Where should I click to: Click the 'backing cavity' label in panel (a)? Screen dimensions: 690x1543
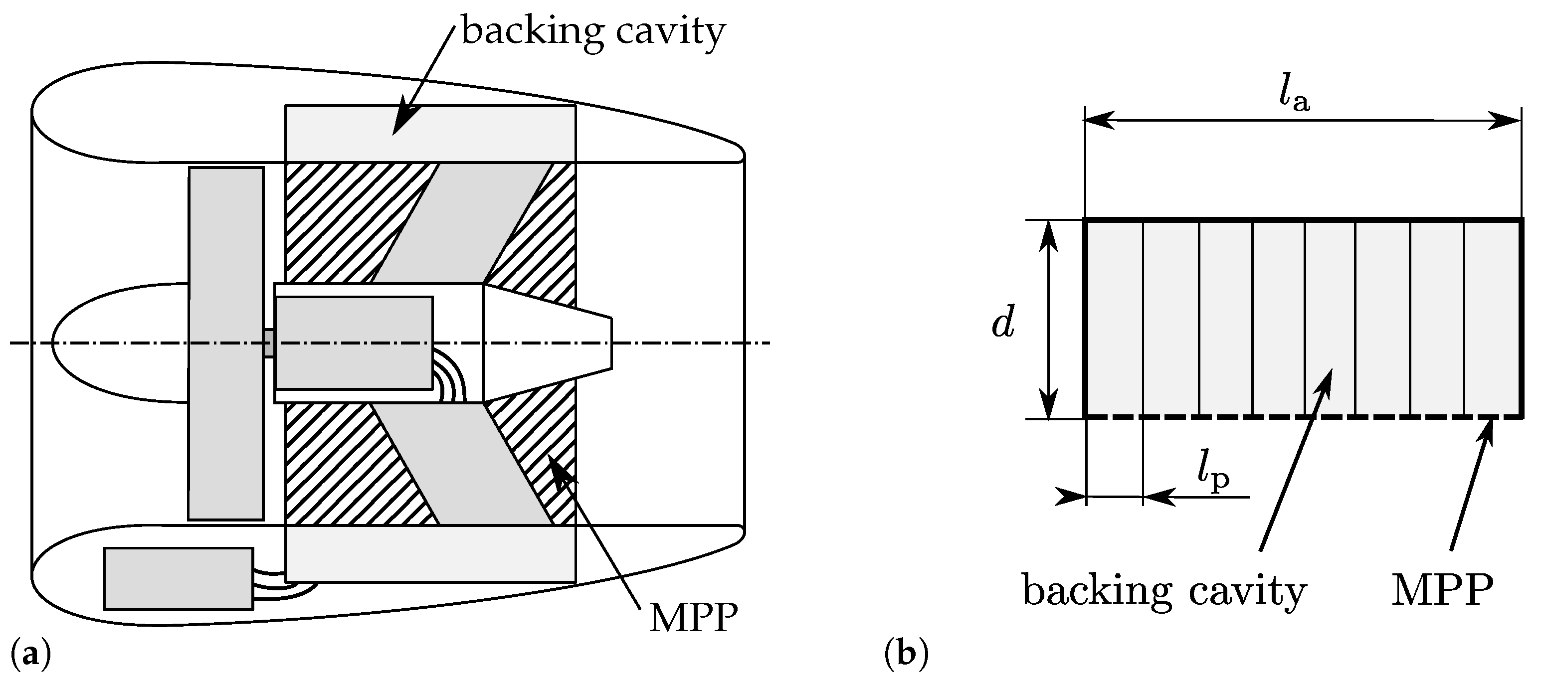pos(592,31)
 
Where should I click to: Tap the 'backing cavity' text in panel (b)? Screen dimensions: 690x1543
pos(1164,590)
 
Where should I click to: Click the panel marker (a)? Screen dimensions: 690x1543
pos(30,654)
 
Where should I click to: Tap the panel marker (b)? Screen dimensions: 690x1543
pos(906,654)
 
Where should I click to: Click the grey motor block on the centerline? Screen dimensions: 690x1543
pos(354,343)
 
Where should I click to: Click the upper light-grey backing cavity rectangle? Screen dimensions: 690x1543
pos(430,134)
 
